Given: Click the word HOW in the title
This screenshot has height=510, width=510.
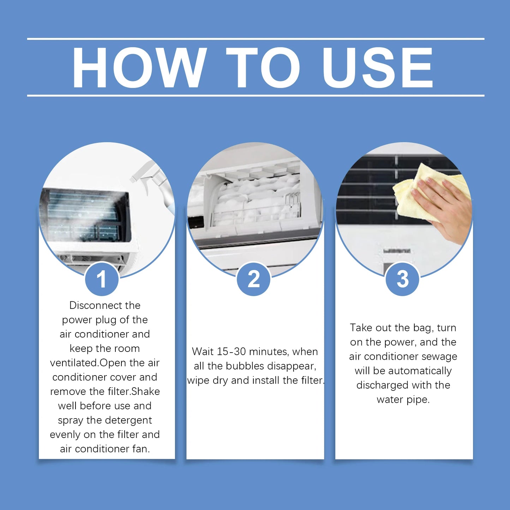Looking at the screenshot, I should coord(139,67).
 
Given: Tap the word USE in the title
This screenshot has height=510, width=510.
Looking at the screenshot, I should coord(377,67).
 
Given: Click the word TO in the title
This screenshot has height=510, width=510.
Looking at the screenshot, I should coord(263,67).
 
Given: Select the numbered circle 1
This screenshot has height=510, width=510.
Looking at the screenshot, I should coord(102,279).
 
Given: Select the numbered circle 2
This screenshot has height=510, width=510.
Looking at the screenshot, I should coord(254,279).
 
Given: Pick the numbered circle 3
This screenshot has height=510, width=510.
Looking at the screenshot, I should coord(403,279).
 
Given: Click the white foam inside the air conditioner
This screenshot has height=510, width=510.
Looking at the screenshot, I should coord(254,198).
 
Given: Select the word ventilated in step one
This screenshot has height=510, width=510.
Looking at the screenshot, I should coord(74,363).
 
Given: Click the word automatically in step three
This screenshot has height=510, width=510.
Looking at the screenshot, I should coord(420,371).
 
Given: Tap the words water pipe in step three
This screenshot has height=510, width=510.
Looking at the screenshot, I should coord(403,400).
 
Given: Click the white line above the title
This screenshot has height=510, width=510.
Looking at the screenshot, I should coord(256,38).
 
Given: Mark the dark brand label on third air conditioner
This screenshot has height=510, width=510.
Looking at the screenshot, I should coord(397,251).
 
